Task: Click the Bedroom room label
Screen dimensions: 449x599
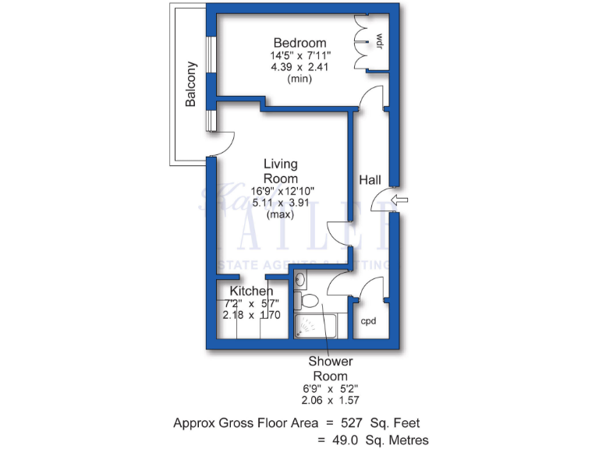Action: point(299,42)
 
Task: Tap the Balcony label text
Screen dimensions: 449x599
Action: point(190,83)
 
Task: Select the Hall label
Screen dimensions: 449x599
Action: point(370,180)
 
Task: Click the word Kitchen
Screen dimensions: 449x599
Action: point(251,291)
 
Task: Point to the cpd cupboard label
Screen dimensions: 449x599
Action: point(369,320)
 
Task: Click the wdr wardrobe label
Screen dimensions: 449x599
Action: point(380,39)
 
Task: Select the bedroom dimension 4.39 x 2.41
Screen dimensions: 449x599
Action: point(299,67)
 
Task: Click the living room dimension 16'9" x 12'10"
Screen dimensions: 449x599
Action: point(282,191)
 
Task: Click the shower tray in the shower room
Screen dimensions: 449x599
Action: point(316,326)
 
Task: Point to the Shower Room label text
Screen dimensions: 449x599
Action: point(331,367)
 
